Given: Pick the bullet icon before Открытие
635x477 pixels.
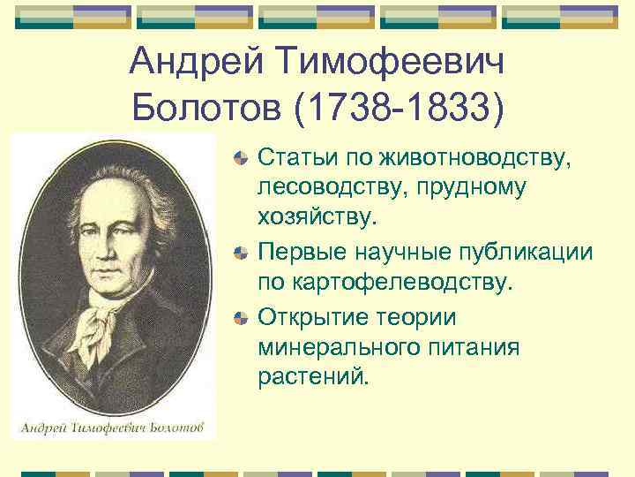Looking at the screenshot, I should [x=242, y=316].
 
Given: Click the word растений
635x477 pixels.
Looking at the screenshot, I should [x=310, y=377].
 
